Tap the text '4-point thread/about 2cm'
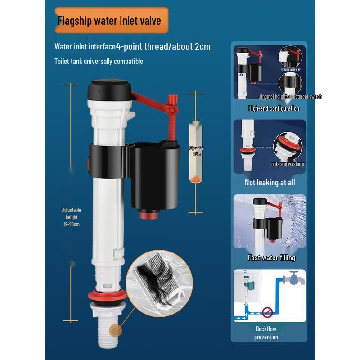pyautogui.click(x=163, y=46)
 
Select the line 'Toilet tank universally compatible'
pyautogui.click(x=99, y=61)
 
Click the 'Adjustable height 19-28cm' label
pyautogui.click(x=72, y=217)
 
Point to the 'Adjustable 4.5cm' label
pyautogui.click(x=196, y=151)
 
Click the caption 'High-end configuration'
pyautogui.click(x=274, y=108)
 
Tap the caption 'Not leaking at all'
pyautogui.click(x=270, y=182)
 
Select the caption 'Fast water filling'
pyautogui.click(x=271, y=257)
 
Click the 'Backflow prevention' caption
pyautogui.click(x=266, y=333)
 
